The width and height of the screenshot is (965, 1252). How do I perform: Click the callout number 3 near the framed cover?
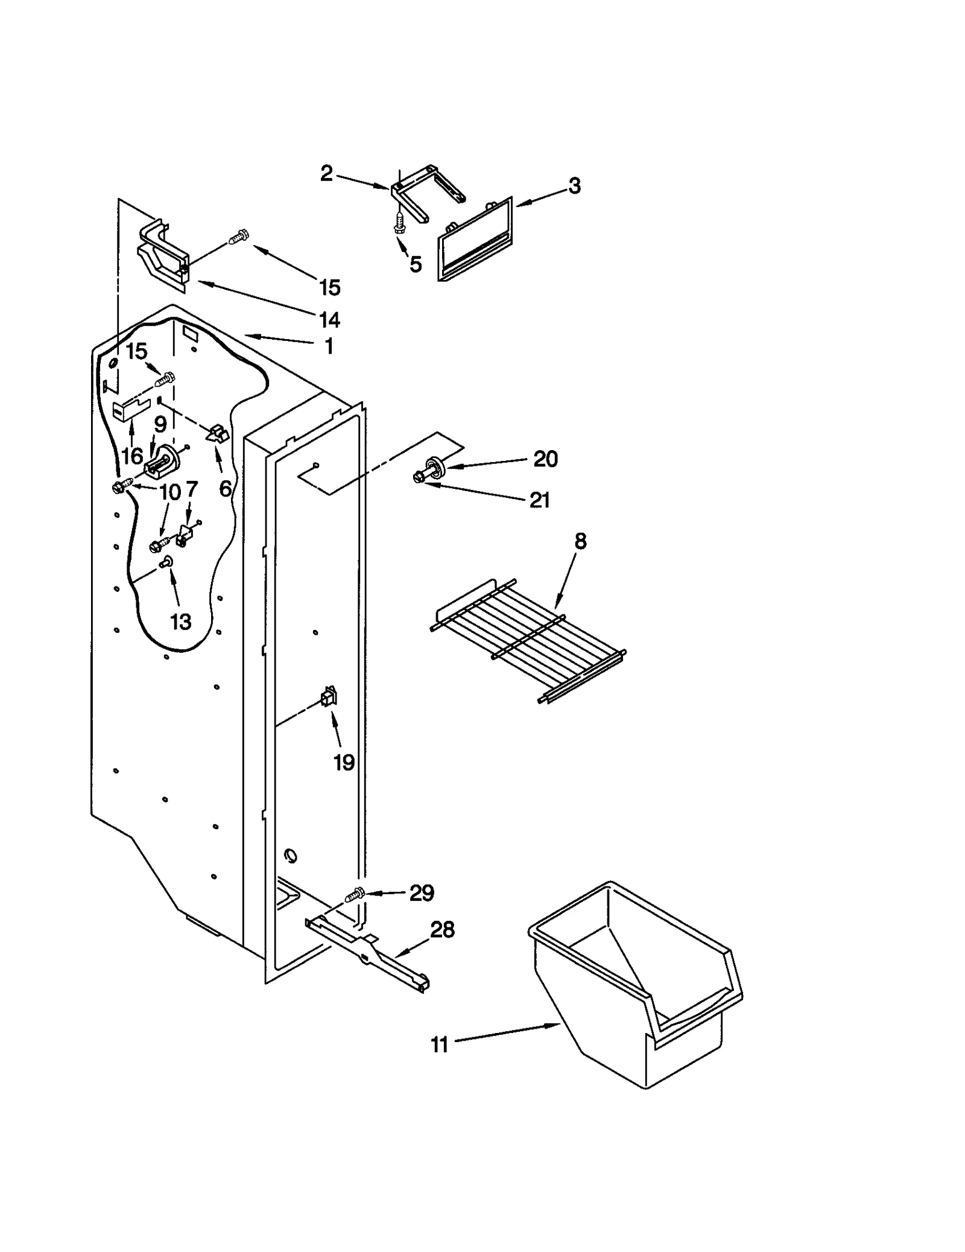pos(574,185)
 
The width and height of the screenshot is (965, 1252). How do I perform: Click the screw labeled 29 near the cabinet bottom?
pos(355,895)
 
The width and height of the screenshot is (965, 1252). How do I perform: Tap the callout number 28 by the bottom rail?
pos(442,930)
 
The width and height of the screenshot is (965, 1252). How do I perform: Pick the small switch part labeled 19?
pos(329,698)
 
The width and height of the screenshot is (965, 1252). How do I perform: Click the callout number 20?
pos(545,459)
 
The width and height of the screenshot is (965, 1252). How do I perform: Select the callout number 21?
pos(539,500)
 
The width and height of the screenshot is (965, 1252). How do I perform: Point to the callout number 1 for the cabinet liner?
pos(329,346)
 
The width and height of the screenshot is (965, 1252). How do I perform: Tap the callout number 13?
pos(180,621)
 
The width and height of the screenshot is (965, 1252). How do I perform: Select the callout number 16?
pos(132,456)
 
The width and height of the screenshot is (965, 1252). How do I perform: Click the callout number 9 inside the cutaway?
pos(160,424)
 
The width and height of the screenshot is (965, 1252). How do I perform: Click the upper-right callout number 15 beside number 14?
pos(330,287)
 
